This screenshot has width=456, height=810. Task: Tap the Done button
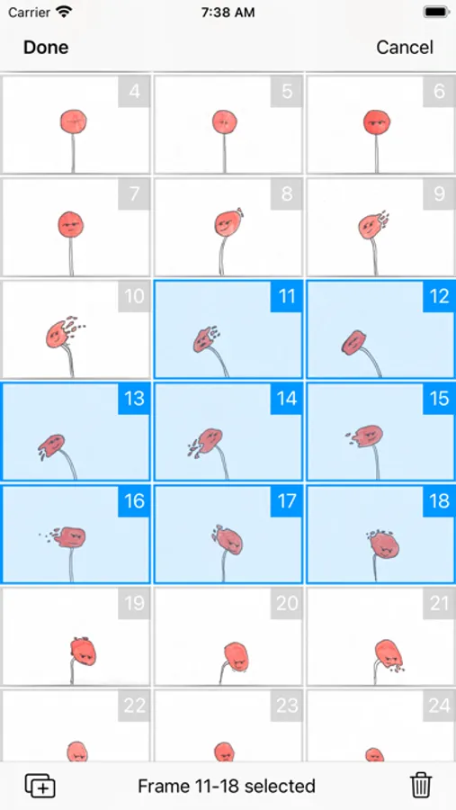(x=46, y=48)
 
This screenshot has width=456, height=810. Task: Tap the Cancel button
(x=405, y=48)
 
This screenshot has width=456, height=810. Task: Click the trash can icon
(x=421, y=786)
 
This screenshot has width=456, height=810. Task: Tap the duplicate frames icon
(x=40, y=786)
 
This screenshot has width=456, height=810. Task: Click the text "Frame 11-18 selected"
(x=227, y=787)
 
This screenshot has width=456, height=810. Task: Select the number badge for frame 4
(x=134, y=92)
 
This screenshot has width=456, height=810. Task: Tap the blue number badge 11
(x=287, y=296)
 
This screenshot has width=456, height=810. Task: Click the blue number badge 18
(x=439, y=501)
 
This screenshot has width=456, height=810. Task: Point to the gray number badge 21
(x=439, y=603)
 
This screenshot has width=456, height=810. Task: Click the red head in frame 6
(x=377, y=122)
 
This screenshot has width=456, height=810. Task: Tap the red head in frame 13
(x=50, y=445)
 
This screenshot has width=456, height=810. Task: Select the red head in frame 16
(x=69, y=537)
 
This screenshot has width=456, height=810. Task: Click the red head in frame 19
(x=83, y=651)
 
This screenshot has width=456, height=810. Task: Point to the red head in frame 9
(x=370, y=225)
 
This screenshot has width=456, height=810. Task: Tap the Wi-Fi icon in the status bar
(x=64, y=12)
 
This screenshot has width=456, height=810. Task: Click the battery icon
(x=435, y=12)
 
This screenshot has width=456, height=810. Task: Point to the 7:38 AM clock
(x=228, y=13)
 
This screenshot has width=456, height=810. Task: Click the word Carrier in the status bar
(x=29, y=13)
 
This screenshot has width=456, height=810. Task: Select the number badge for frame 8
(x=287, y=193)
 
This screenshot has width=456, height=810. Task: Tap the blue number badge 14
(x=287, y=399)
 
